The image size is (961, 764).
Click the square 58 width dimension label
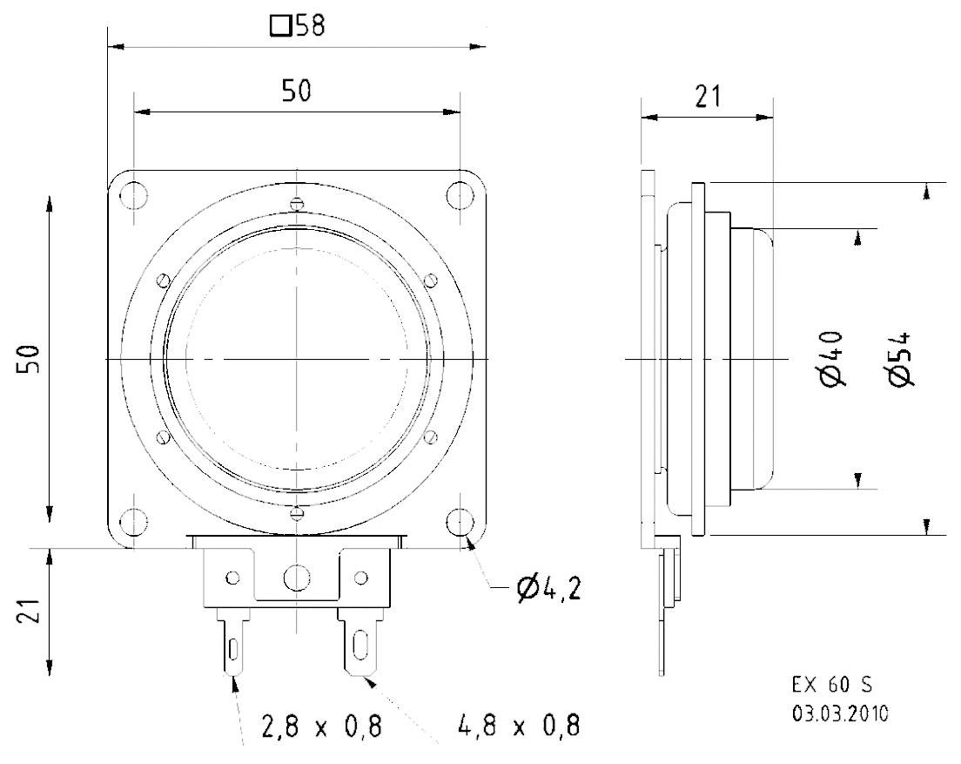[x=297, y=26]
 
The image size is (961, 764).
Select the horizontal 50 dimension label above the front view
[x=296, y=91]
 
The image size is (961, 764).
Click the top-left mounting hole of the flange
[x=133, y=194]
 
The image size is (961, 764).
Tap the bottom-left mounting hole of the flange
[x=133, y=522]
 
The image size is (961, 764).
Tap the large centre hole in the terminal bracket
[x=297, y=576]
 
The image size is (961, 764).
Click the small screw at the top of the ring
[x=297, y=205]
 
